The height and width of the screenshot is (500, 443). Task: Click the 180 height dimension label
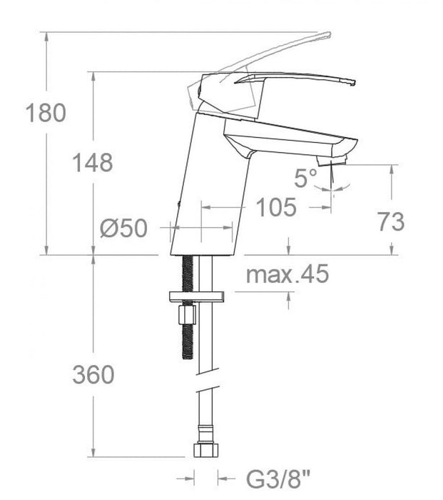pyautogui.click(x=44, y=112)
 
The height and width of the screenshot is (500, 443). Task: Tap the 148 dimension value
pyautogui.click(x=92, y=162)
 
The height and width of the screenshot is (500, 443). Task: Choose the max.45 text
pyautogui.click(x=287, y=273)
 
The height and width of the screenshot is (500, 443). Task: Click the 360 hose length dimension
pyautogui.click(x=92, y=374)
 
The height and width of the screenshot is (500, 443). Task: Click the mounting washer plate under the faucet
pyautogui.click(x=195, y=296)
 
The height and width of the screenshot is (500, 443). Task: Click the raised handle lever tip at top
pyautogui.click(x=325, y=36)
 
